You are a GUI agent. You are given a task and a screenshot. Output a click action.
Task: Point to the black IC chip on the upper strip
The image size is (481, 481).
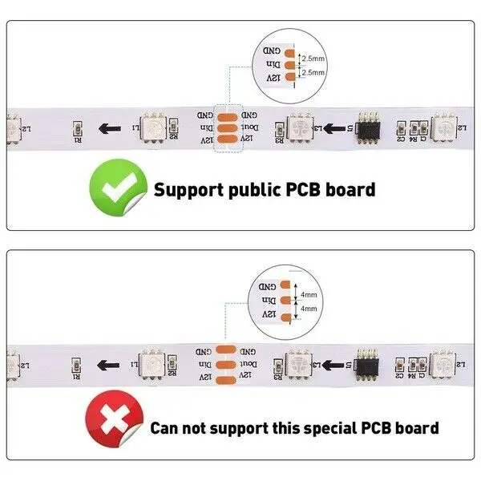click(369, 127)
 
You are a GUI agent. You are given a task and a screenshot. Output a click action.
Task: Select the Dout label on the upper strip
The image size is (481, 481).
click(249, 127)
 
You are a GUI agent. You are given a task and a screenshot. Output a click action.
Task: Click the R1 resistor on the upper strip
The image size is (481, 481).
click(77, 130)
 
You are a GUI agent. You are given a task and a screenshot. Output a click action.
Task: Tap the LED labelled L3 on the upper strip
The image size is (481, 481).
click(301, 127)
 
